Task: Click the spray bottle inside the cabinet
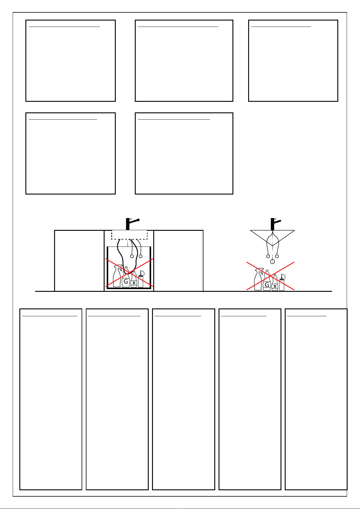(117, 276)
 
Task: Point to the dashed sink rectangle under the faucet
(129, 235)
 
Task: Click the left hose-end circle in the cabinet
(132, 256)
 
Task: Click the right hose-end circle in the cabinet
(141, 256)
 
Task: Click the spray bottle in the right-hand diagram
(258, 279)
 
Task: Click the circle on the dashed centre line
(272, 262)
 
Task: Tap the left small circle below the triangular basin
(268, 256)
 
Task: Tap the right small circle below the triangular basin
(277, 256)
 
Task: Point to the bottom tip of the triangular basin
(272, 246)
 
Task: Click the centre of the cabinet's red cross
(129, 272)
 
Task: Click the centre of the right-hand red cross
(271, 276)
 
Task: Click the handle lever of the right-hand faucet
(277, 221)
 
